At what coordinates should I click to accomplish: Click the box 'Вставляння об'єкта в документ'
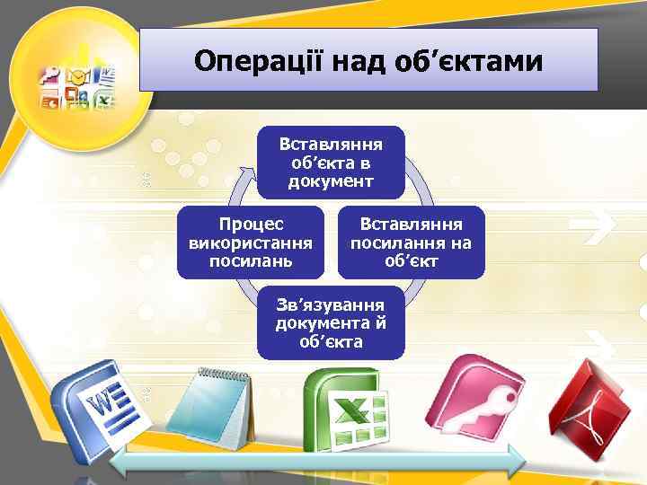coord(331,162)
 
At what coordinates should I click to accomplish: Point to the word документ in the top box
coord(331,181)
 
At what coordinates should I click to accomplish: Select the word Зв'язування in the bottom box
coord(331,304)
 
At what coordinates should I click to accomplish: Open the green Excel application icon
coord(346,409)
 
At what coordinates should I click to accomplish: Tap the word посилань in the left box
coord(250,261)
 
